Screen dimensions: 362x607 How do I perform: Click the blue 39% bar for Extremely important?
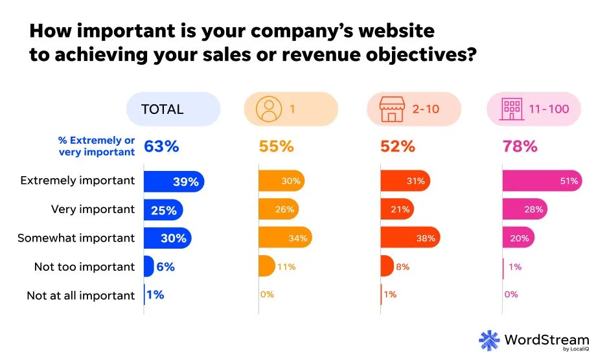pyautogui.click(x=174, y=182)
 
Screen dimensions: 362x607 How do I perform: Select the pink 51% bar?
pyautogui.click(x=542, y=182)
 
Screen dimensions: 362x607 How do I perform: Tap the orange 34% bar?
pyautogui.click(x=285, y=238)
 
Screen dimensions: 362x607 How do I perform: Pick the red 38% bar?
pyautogui.click(x=410, y=238)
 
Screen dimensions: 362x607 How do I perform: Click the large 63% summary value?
pyautogui.click(x=161, y=146)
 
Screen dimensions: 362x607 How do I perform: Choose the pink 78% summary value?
pyautogui.click(x=520, y=146)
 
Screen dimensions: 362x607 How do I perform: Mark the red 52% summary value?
pyautogui.click(x=398, y=146)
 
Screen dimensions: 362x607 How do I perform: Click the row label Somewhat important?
pyautogui.click(x=76, y=238)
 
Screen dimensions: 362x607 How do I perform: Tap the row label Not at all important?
pyautogui.click(x=80, y=295)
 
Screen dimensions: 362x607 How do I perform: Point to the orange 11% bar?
pyautogui.click(x=266, y=266)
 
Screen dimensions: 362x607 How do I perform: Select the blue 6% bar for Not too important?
pyautogui.click(x=148, y=266)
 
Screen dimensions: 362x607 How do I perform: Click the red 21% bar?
pyautogui.click(x=396, y=210)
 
